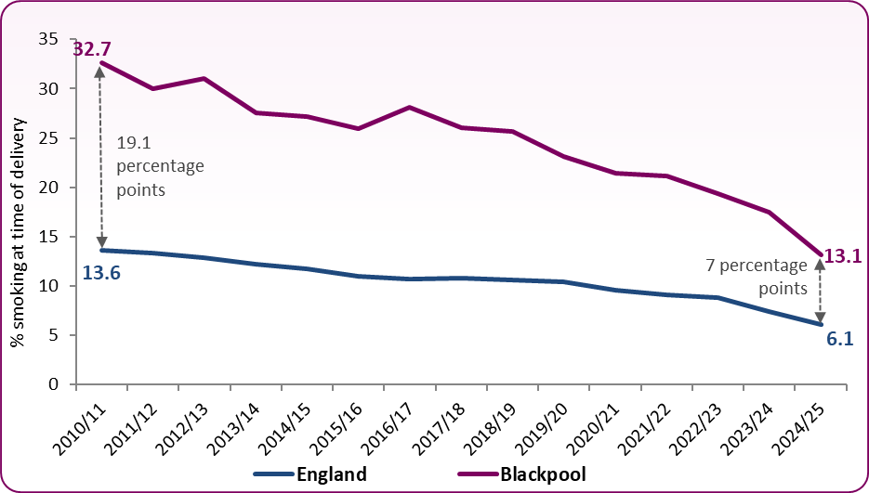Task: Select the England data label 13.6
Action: (101, 273)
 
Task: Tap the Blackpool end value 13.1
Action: (843, 256)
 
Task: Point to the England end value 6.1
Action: (840, 339)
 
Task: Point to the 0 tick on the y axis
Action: (53, 384)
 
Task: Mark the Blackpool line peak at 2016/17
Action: (409, 108)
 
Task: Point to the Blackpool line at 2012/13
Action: (204, 79)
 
